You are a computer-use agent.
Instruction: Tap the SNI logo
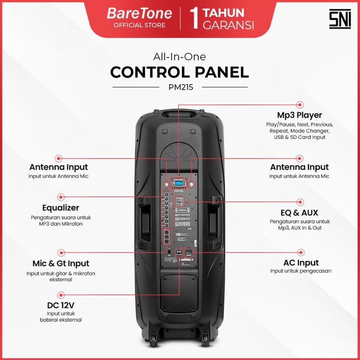(x=340, y=19)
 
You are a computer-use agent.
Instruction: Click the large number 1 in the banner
(x=195, y=18)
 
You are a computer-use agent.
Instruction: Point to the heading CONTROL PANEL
(x=180, y=72)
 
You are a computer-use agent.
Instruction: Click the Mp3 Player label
(x=300, y=116)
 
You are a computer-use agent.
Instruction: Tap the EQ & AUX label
(x=300, y=213)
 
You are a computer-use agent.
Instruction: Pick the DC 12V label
(x=60, y=305)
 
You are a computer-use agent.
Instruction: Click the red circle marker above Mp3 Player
(x=300, y=105)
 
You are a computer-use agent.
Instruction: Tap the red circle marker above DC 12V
(x=60, y=294)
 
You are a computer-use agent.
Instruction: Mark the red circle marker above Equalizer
(x=60, y=196)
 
